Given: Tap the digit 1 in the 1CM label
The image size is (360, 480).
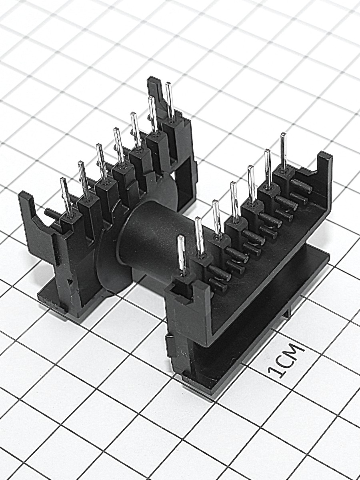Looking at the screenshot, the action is coord(276,372).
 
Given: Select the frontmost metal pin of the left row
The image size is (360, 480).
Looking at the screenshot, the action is coord(66,198).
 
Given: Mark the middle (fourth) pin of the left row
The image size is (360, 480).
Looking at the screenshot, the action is coord(119,147).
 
